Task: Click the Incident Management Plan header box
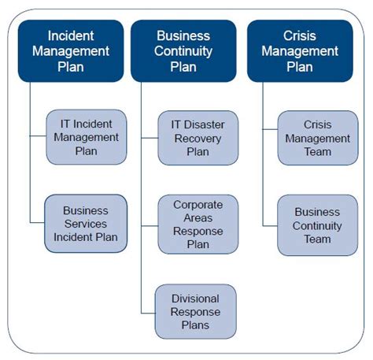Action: click(71, 51)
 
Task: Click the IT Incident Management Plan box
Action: click(87, 137)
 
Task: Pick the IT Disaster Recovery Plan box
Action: click(198, 137)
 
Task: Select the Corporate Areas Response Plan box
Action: click(198, 224)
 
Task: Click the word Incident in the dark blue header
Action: click(72, 35)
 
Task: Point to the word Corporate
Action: click(198, 203)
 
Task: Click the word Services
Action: click(86, 224)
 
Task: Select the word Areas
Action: click(198, 217)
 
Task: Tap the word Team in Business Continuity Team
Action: click(317, 239)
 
